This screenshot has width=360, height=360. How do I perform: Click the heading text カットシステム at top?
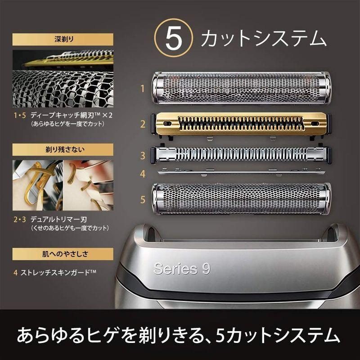click(x=263, y=39)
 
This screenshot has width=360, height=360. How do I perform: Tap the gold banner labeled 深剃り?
click(x=63, y=39)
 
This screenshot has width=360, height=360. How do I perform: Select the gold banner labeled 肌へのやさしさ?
click(x=63, y=253)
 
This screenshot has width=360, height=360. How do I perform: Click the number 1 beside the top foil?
click(x=143, y=89)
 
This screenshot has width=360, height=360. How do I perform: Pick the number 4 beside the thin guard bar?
click(x=143, y=173)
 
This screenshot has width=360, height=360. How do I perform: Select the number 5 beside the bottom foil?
click(x=143, y=198)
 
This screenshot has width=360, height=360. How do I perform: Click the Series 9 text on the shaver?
click(x=182, y=269)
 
